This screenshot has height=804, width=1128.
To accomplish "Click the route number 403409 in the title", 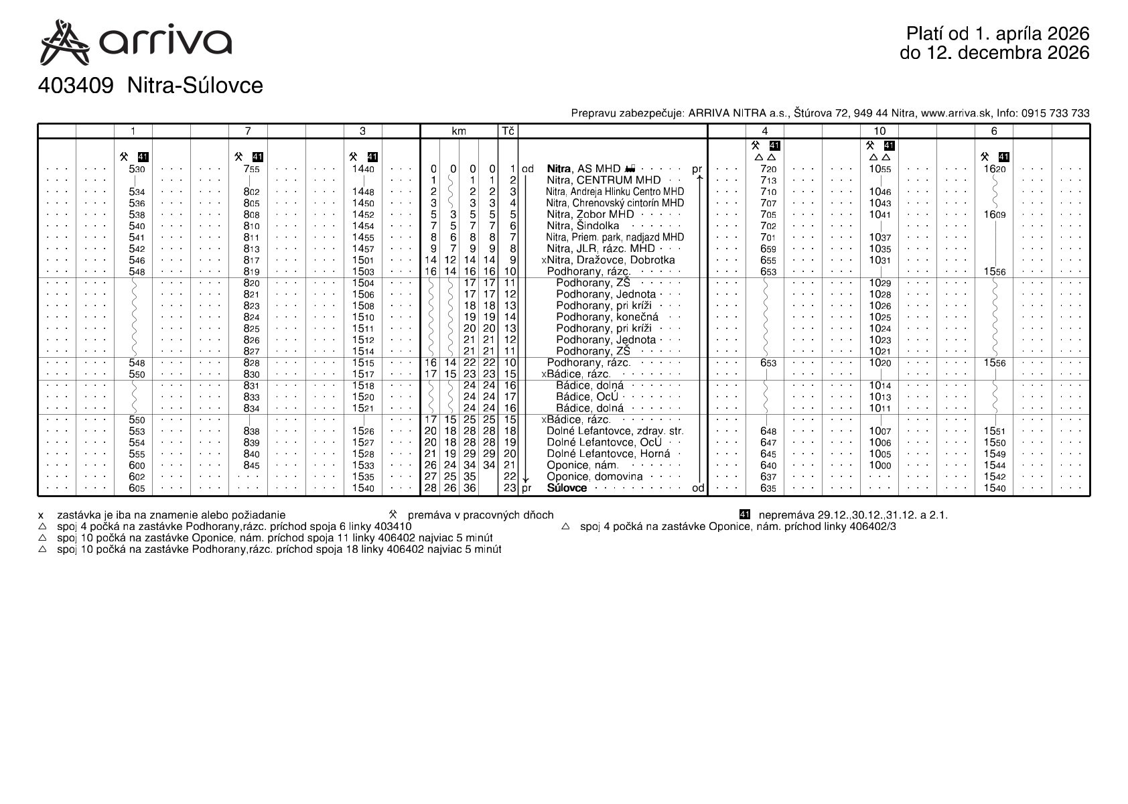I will click(75, 86).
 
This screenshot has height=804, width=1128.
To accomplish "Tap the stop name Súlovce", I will click(567, 488).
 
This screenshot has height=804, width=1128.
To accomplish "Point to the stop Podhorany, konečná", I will click(607, 317).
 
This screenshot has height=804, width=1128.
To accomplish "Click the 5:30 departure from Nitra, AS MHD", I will click(137, 170).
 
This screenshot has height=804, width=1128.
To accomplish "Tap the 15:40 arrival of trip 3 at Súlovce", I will click(363, 488).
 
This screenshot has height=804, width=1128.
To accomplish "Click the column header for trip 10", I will click(879, 131).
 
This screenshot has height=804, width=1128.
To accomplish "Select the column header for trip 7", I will click(248, 131).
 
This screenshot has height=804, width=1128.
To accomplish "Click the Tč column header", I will click(508, 131).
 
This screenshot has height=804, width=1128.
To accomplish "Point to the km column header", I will click(458, 131).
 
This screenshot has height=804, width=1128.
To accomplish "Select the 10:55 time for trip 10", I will click(879, 170).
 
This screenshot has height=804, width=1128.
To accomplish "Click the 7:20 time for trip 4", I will click(768, 170).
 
